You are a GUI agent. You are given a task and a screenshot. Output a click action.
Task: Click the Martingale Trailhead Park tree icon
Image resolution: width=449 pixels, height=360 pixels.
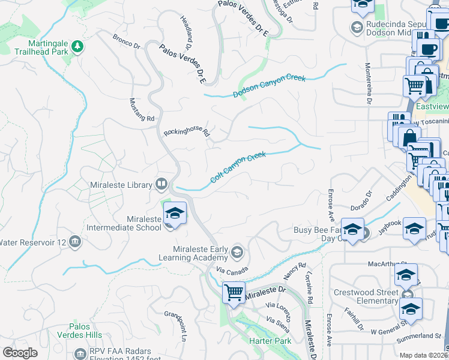(77, 46)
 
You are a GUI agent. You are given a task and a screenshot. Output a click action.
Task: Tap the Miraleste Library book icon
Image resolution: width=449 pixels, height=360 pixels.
(161, 184)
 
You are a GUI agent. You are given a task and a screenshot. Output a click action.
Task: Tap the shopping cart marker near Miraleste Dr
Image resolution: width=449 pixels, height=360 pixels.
(233, 293)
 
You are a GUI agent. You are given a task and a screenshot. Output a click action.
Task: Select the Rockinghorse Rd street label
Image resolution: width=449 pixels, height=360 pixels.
(187, 132)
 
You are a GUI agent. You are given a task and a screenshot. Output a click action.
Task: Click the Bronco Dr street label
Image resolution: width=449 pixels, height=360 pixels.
(126, 41)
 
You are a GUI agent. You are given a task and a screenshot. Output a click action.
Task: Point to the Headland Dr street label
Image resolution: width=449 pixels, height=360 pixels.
(185, 32)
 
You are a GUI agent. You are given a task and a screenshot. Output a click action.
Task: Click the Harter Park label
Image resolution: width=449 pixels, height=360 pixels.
(270, 341)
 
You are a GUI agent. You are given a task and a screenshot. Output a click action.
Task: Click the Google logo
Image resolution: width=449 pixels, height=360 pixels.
(20, 353)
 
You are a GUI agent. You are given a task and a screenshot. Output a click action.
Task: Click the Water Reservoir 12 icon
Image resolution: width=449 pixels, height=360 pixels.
(75, 242)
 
